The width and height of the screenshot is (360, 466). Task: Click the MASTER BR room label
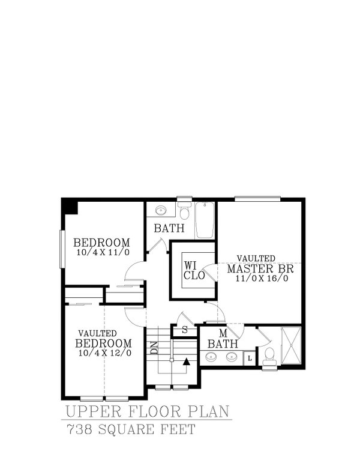pyautogui.click(x=260, y=268)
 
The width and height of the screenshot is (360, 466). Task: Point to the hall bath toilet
pyautogui.click(x=185, y=212)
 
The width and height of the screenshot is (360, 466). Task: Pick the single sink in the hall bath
pyautogui.click(x=161, y=211)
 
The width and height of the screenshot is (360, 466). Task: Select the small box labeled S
pyautogui.click(x=184, y=330)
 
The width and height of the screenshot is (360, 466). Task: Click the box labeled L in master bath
pyautogui.click(x=250, y=358)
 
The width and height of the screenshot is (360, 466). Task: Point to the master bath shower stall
pyautogui.click(x=291, y=346)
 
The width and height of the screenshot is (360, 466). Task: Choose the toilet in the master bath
pyautogui.click(x=270, y=356)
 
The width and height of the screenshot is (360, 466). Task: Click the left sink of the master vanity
pyautogui.click(x=211, y=358)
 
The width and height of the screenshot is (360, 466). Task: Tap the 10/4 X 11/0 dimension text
pyautogui.click(x=103, y=252)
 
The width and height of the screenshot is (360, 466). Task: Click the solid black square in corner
pyautogui.click(x=69, y=206)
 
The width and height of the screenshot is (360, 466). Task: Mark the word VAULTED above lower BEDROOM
pyautogui.click(x=97, y=333)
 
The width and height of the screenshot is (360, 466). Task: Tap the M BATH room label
pyautogui.click(x=223, y=339)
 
